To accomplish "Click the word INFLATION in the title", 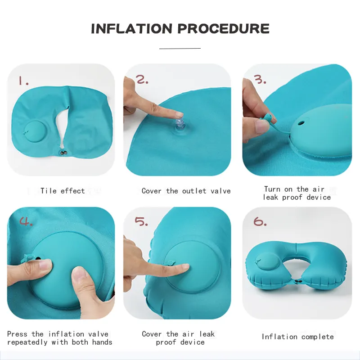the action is coord(131,29).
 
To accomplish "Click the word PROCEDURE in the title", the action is coord(223,29).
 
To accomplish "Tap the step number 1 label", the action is coord(23,81).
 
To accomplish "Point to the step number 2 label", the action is coord(142,80).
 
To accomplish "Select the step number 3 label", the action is coord(260,80).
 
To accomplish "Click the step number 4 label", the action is coord(26,221).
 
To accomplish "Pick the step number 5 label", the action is coord(141,221).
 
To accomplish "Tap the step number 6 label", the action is coord(260,221).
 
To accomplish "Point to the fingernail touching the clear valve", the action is coord(179,114).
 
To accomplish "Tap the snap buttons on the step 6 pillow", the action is coord(298,281).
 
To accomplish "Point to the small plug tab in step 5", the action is coord(171,263).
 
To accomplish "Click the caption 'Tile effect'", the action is coord(63,191).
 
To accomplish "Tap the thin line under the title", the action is coord(180,49).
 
